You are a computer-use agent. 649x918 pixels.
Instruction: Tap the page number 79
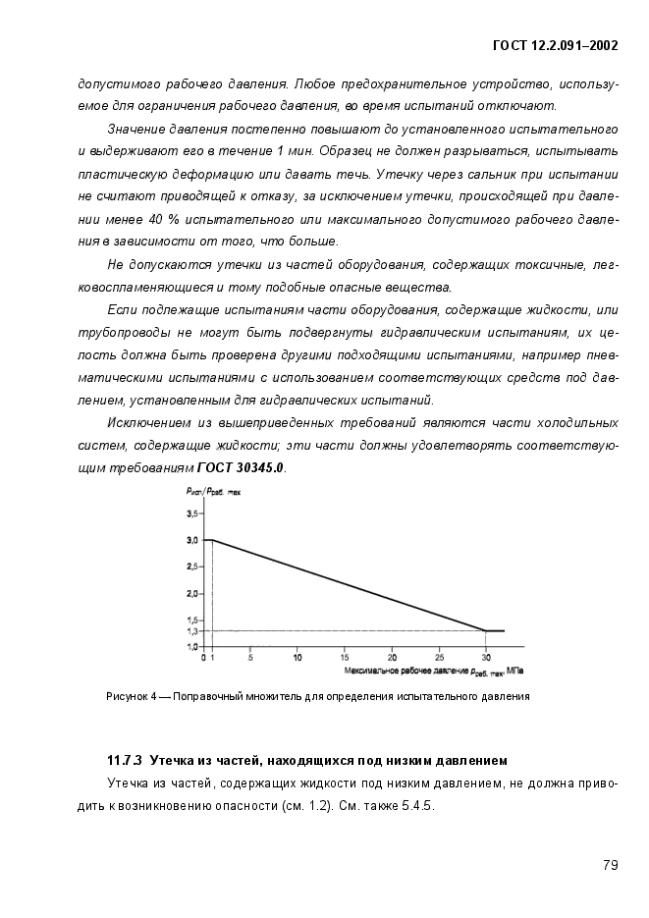click(609, 865)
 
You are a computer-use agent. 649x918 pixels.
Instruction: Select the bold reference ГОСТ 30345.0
click(242, 468)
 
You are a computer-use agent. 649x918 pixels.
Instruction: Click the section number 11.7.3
click(125, 760)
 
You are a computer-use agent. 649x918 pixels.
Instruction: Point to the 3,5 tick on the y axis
click(193, 513)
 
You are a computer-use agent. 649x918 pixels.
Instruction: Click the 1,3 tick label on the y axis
click(193, 631)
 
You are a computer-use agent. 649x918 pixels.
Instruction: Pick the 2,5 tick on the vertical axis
click(193, 567)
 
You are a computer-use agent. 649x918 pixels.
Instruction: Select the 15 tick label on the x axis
click(345, 657)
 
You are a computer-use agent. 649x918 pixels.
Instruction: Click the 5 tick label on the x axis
click(250, 657)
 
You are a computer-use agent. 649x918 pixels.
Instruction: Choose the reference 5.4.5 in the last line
click(416, 806)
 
